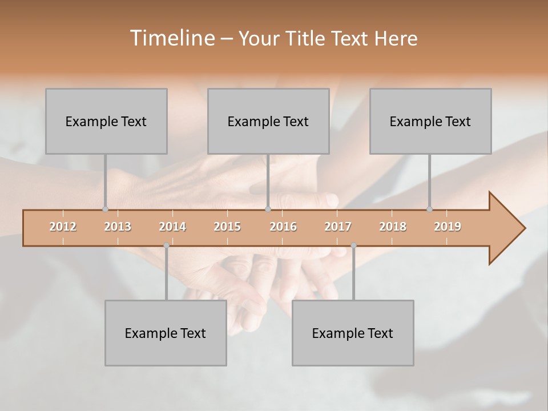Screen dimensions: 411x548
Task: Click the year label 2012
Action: click(63, 227)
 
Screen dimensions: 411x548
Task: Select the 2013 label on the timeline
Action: click(118, 227)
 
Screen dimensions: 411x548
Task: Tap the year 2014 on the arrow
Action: click(172, 227)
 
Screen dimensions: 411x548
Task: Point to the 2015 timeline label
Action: click(227, 227)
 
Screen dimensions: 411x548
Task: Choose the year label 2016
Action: click(283, 227)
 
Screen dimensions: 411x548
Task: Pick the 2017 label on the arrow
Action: click(338, 227)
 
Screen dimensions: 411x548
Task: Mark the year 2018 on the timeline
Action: click(393, 227)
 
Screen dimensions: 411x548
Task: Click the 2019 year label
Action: click(448, 227)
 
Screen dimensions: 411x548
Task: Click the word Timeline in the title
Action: click(171, 38)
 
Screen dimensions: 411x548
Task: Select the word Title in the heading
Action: click(306, 38)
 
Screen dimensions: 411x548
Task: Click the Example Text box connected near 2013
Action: click(106, 121)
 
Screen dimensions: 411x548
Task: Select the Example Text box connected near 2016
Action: click(268, 121)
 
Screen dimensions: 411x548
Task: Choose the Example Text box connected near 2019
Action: click(430, 121)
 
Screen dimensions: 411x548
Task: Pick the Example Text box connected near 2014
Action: click(166, 333)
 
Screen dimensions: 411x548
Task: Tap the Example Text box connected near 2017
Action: click(353, 333)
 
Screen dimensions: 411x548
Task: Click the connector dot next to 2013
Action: click(105, 209)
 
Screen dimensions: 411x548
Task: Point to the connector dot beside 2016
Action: click(268, 209)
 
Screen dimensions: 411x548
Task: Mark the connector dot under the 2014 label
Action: click(166, 245)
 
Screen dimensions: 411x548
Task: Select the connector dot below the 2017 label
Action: click(353, 245)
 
